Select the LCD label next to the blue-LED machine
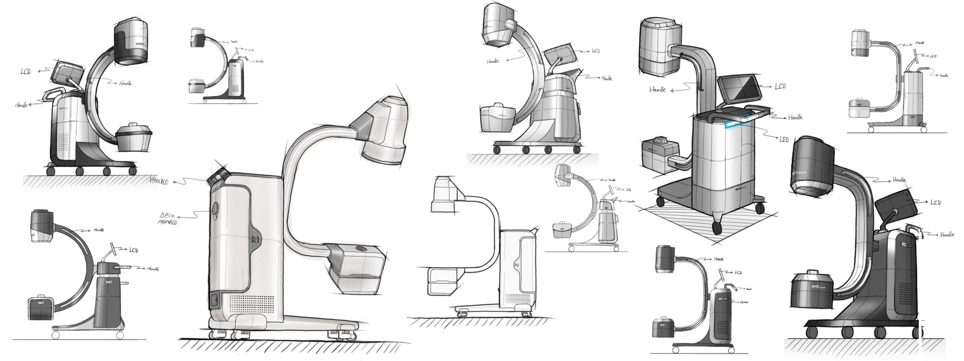tap(779, 86)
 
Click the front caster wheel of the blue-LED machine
tap(717, 228)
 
